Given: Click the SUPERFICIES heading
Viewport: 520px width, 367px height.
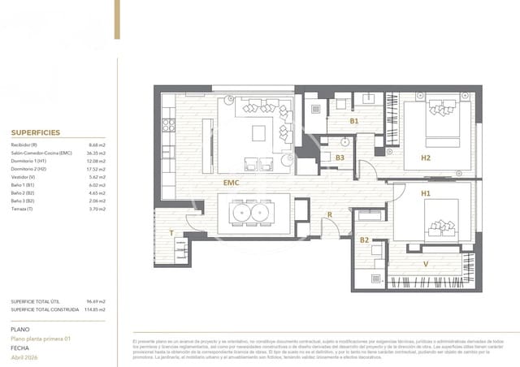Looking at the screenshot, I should (36, 132).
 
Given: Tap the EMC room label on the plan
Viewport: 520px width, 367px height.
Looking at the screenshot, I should (232, 183).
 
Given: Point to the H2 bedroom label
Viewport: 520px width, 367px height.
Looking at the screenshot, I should (425, 158).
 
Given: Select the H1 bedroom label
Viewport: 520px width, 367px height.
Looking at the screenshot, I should (425, 194).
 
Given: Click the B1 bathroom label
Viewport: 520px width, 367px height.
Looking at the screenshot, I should (353, 121).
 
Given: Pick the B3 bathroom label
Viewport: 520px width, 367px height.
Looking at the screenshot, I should (340, 158).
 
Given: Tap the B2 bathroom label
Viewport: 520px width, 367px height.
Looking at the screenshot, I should (364, 240).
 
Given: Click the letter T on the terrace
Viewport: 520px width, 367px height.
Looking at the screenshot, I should (171, 232).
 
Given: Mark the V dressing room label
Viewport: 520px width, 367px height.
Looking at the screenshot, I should (426, 264).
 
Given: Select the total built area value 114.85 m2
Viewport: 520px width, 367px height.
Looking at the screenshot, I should (96, 309).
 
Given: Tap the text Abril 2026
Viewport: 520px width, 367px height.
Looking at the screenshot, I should (25, 357).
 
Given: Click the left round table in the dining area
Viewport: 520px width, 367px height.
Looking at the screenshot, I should (241, 213).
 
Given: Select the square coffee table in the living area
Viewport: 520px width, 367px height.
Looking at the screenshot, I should (258, 134).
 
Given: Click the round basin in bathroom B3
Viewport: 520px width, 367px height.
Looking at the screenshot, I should (344, 141).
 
